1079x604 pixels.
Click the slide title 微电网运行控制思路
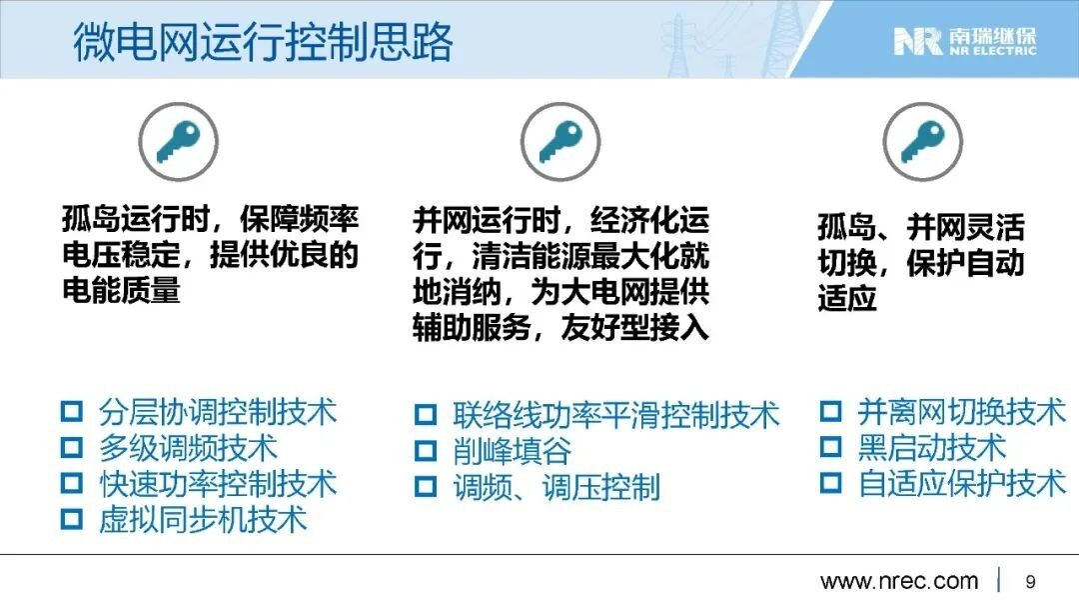pyautogui.click(x=263, y=42)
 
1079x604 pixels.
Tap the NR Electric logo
pyautogui.click(x=965, y=41)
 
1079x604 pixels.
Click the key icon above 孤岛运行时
pyautogui.click(x=178, y=142)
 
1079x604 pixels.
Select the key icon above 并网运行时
pyautogui.click(x=560, y=142)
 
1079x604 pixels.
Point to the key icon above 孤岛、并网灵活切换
pyautogui.click(x=923, y=142)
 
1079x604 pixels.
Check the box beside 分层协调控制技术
pyautogui.click(x=72, y=412)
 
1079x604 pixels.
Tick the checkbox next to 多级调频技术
pyautogui.click(x=72, y=448)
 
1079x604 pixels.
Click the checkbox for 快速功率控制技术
pyautogui.click(x=72, y=483)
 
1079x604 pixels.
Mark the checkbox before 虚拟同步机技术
pyautogui.click(x=72, y=519)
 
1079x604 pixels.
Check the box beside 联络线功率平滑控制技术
pyautogui.click(x=426, y=415)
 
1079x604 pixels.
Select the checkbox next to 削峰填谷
pyautogui.click(x=426, y=451)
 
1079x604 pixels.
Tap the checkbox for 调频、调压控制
pyautogui.click(x=426, y=487)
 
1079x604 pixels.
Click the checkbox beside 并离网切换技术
pyautogui.click(x=830, y=411)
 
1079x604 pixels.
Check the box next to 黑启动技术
pyautogui.click(x=830, y=447)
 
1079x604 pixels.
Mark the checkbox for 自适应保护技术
pyautogui.click(x=830, y=482)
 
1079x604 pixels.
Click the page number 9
pyautogui.click(x=1030, y=581)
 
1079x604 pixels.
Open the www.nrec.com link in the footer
pyautogui.click(x=899, y=581)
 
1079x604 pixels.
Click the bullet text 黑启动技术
pyautogui.click(x=932, y=448)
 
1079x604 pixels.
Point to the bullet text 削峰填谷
pyautogui.click(x=512, y=452)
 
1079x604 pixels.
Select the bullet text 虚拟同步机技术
pyautogui.click(x=203, y=519)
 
